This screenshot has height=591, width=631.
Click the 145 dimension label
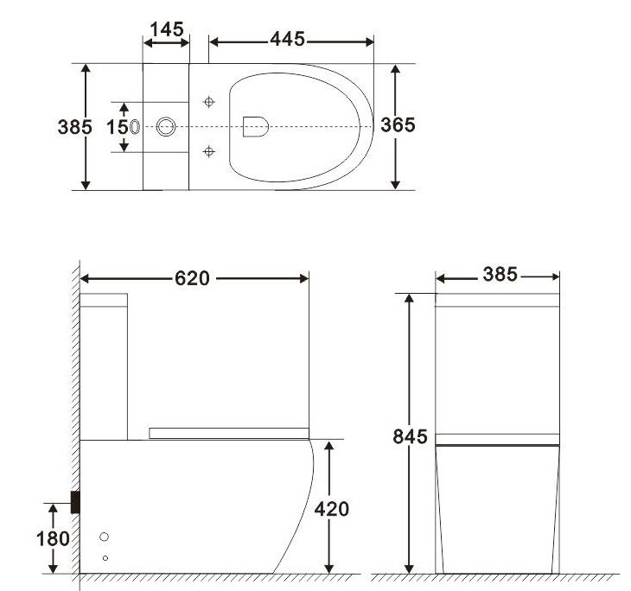pos(166,29)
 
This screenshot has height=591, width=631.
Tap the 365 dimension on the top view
pos(398,124)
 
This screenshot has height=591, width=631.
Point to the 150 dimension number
pos(117,126)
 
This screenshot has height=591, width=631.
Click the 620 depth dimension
pos(192,277)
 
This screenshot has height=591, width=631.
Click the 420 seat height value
pos(331,509)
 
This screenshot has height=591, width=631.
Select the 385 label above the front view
pos(499,275)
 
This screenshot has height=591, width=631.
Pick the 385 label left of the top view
pos(74,126)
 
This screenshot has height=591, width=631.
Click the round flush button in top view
pos(168,127)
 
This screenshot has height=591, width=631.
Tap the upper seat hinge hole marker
pos(207,102)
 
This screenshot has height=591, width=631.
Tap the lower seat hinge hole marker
pos(207,152)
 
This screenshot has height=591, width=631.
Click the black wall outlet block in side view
pos(76,501)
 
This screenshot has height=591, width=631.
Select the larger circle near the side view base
pos(105,537)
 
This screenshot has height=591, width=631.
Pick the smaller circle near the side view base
pos(105,557)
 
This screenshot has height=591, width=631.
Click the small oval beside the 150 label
pos(136,126)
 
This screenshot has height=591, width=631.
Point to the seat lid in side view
pos(229,431)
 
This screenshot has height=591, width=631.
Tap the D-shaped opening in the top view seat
pos(256,126)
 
